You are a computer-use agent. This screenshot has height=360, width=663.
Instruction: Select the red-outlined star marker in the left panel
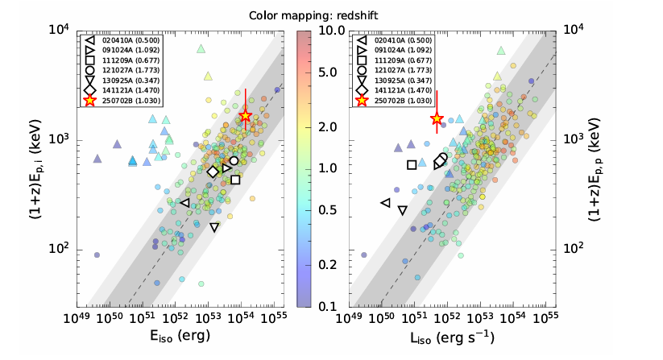click(x=246, y=116)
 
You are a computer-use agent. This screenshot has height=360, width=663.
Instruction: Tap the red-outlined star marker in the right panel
click(x=437, y=118)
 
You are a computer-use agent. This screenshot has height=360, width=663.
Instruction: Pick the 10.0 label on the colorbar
click(x=333, y=30)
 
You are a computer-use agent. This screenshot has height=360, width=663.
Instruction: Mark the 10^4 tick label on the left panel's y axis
click(x=57, y=30)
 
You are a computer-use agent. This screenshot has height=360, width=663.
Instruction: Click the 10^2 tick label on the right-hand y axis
click(x=578, y=249)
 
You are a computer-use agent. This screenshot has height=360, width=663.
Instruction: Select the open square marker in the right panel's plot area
click(x=412, y=164)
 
